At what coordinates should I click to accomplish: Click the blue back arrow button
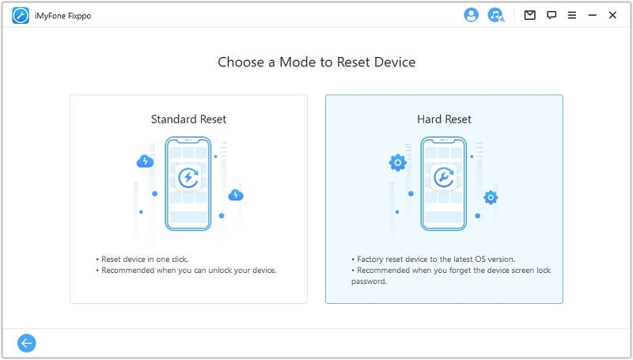click(27, 343)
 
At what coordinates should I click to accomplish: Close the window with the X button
click(612, 15)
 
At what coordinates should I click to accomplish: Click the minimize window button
click(592, 15)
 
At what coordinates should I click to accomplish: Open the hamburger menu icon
click(572, 15)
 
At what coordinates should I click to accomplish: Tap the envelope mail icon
click(529, 15)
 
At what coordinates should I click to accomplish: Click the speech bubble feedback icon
click(552, 15)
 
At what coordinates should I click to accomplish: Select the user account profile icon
click(471, 15)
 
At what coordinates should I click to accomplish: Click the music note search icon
click(496, 15)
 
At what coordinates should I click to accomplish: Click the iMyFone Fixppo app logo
click(21, 16)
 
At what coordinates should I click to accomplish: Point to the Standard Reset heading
click(188, 119)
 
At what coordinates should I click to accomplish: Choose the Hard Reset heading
click(444, 119)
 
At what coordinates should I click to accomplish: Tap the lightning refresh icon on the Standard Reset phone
click(188, 177)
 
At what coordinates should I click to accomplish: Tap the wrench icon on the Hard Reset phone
click(444, 177)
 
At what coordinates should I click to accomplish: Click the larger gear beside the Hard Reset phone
click(398, 163)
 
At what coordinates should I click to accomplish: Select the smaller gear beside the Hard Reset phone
click(491, 197)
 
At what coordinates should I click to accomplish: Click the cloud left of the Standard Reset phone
click(145, 161)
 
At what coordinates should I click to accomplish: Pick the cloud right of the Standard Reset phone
click(236, 195)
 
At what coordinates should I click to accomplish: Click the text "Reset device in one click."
click(145, 259)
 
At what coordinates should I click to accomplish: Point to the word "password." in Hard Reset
click(369, 282)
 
